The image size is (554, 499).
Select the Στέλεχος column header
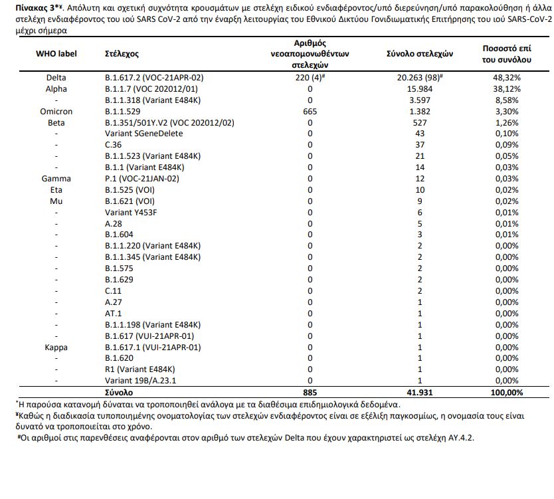click(x=122, y=53)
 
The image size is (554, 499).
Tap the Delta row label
click(x=56, y=78)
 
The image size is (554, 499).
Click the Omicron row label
click(x=56, y=112)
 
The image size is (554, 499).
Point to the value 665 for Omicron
click(x=310, y=112)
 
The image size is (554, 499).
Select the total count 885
click(x=310, y=392)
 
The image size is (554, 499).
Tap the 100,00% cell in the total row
click(x=506, y=392)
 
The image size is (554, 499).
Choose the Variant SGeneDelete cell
click(x=138, y=134)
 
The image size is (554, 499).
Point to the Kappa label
click(x=56, y=347)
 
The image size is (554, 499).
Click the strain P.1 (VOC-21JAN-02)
click(x=141, y=179)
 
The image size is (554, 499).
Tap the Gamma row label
click(x=56, y=179)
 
